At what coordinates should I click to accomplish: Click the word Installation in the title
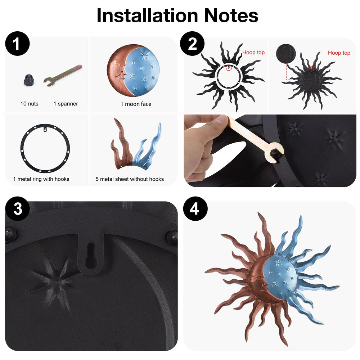point(147,15)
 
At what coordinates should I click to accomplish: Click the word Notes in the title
point(231,15)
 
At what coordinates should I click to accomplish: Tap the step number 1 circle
point(17,44)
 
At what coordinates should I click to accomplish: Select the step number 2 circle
point(192,44)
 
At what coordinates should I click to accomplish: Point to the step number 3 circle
point(17,209)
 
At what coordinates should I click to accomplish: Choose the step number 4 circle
point(195,209)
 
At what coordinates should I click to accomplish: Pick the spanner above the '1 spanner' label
point(63,75)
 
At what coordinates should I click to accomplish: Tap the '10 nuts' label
point(30,104)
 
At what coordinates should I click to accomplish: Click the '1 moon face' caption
point(136,104)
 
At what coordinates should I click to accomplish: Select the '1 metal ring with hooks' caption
point(41,179)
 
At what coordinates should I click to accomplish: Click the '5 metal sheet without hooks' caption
point(130,179)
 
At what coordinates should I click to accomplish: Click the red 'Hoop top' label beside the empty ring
point(253,52)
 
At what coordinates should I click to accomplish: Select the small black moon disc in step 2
point(286,54)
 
